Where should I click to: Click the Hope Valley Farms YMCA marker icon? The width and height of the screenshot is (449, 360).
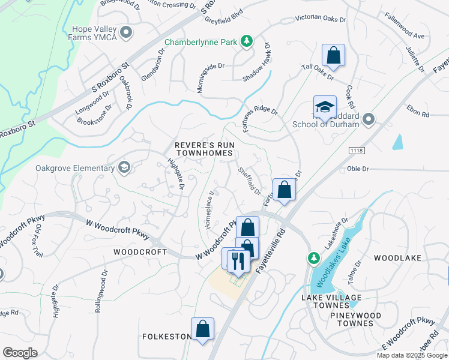click(125, 33)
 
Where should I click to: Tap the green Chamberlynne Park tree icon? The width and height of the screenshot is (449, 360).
click(246, 41)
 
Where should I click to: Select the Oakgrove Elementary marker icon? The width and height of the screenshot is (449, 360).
click(124, 167)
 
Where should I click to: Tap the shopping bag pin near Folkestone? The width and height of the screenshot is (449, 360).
click(202, 329)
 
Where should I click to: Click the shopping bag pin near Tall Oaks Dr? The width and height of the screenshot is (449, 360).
click(332, 56)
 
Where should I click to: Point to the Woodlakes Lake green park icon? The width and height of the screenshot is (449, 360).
click(313, 258)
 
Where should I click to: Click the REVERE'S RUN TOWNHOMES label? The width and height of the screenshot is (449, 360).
click(203, 149)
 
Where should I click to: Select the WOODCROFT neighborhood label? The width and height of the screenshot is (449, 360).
click(140, 252)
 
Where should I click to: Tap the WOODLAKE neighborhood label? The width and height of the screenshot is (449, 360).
click(398, 257)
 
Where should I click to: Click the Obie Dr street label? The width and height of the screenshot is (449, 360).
click(359, 169)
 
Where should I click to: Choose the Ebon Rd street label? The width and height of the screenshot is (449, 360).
click(418, 113)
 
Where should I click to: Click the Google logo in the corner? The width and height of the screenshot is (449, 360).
click(20, 353)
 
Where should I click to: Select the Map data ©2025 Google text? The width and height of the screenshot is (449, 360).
click(411, 355)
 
